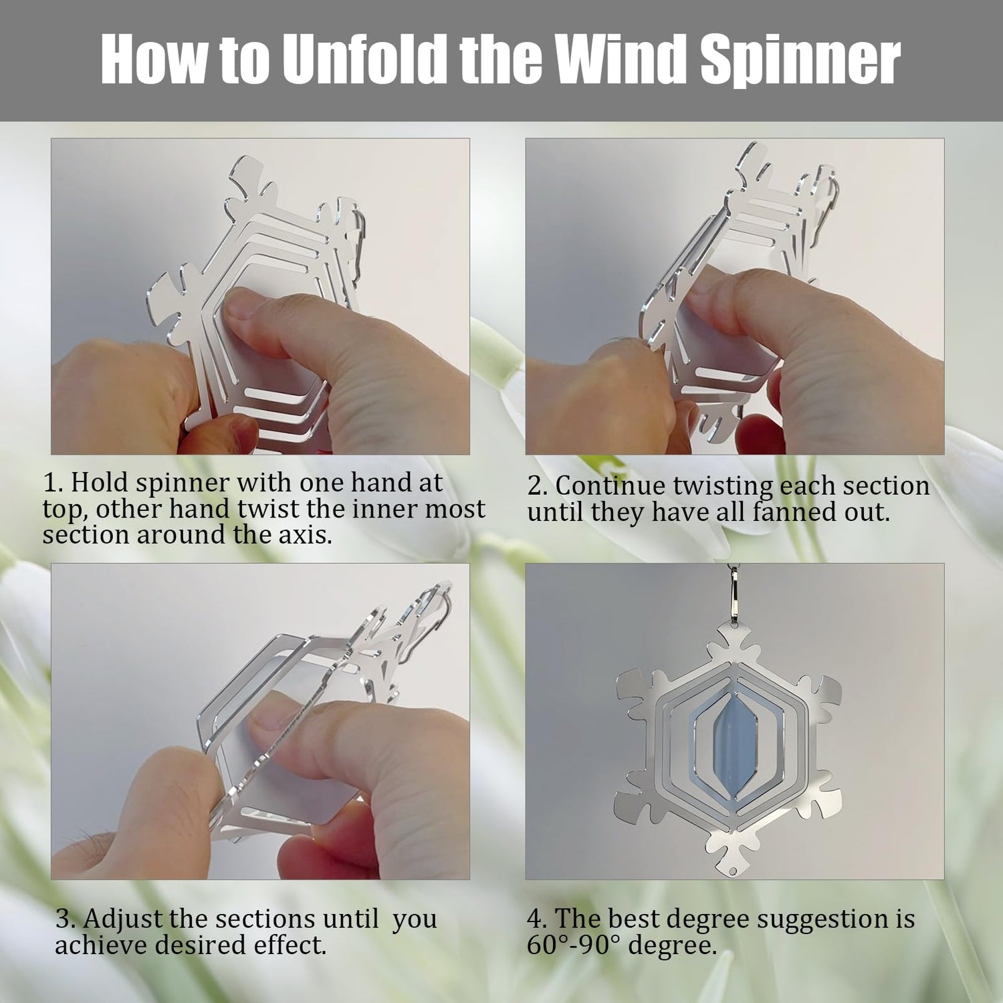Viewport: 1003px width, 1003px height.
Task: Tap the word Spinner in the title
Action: [x=800, y=62]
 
